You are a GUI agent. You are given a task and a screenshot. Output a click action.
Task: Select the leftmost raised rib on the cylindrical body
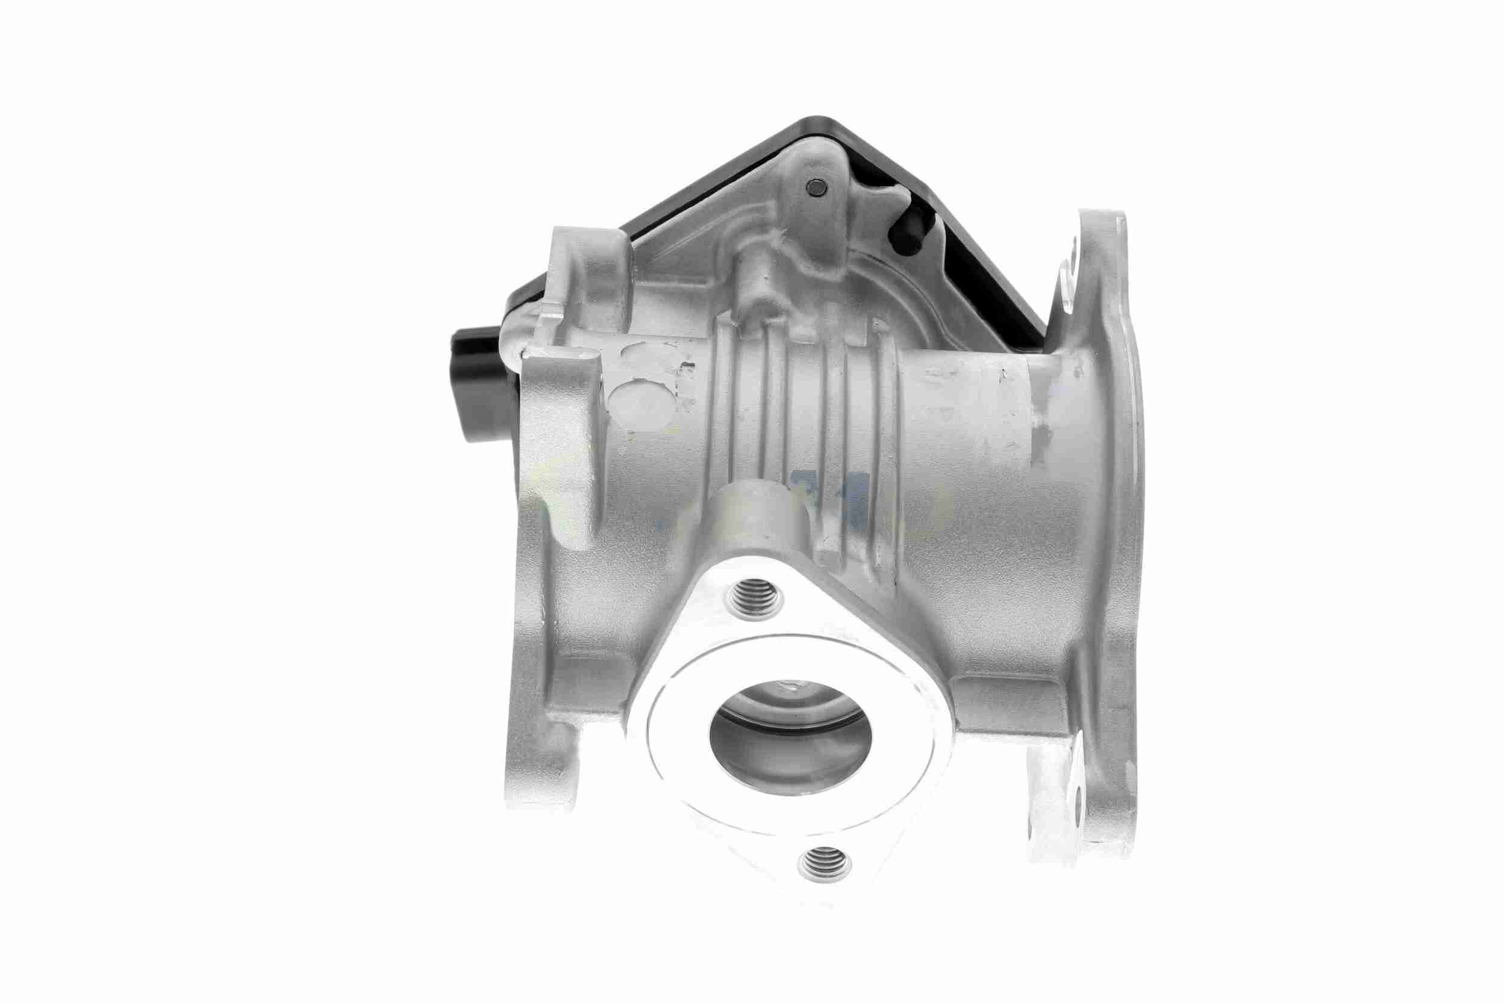pos(729,410)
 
